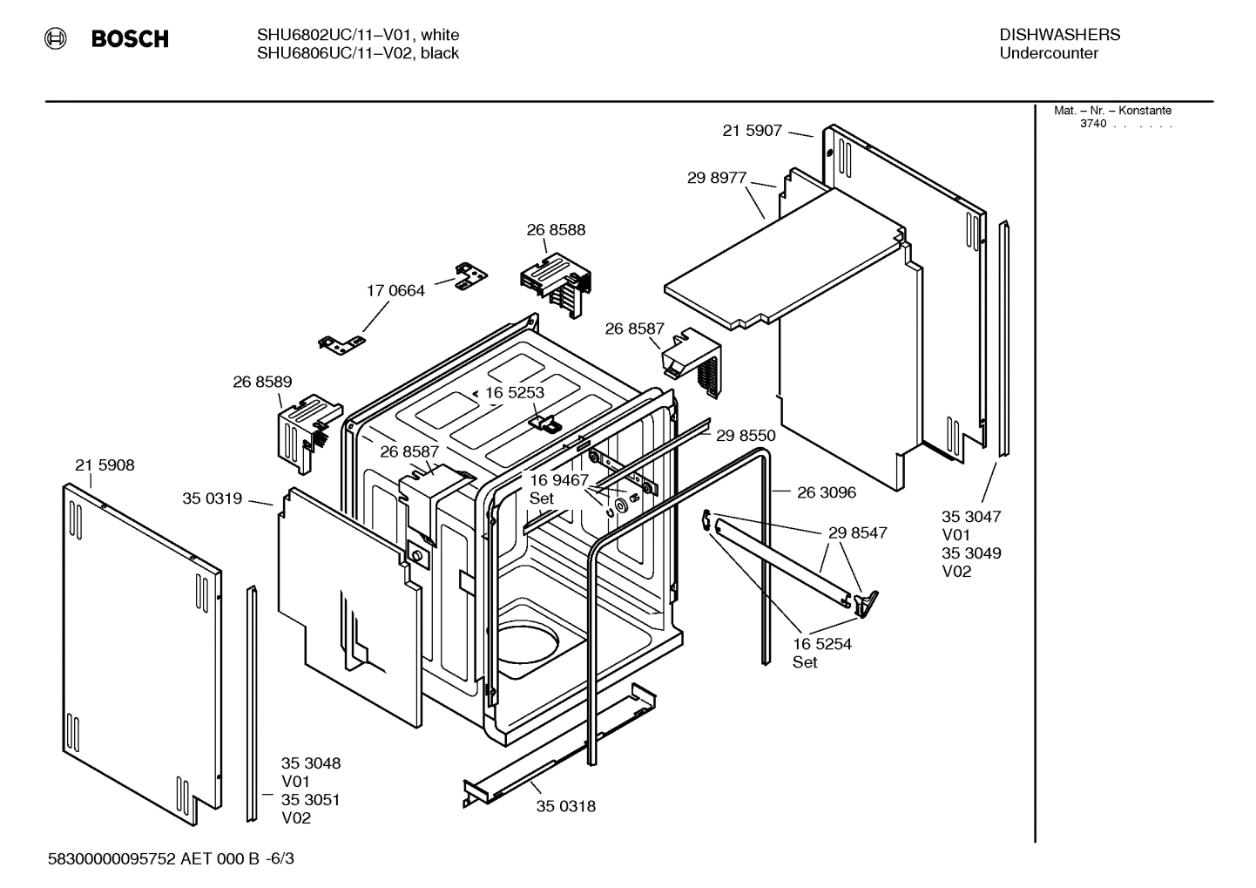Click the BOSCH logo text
pos(129,39)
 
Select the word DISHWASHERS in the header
pos(1059,35)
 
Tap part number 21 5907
pos(752,131)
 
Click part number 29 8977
pos(717,178)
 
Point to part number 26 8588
pos(556,230)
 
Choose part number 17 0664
pos(395,290)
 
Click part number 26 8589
pos(262,382)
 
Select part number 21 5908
pos(105,465)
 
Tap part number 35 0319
pos(212,498)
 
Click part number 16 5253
pos(514,393)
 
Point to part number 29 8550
pos(746,436)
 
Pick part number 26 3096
pos(827,492)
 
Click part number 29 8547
pos(857,532)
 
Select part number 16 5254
pos(821,644)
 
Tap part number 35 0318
pos(565,806)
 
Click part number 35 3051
pos(310,800)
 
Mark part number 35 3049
pos(971,553)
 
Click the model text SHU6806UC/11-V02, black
pos(357,53)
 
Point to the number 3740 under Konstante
pos(1093,124)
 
